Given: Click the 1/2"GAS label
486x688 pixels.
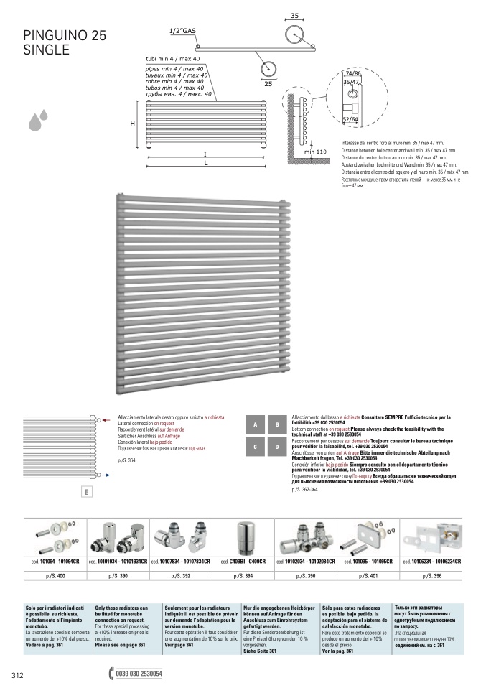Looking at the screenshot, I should click(x=182, y=31).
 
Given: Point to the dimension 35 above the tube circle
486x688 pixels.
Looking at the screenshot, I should click(x=294, y=15).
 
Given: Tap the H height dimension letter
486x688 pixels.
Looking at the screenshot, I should click(x=132, y=124).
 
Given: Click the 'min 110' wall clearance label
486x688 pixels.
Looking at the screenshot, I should click(x=315, y=152).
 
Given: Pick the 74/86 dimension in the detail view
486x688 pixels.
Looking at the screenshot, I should click(x=352, y=74).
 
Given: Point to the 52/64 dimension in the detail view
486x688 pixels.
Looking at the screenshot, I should click(x=351, y=119).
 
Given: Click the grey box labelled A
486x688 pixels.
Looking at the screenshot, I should click(x=256, y=425).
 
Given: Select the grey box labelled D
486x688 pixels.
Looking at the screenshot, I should click(x=277, y=447).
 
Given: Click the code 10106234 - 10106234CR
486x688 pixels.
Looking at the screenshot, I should click(x=431, y=561).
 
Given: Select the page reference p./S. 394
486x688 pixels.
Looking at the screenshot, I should click(x=246, y=576).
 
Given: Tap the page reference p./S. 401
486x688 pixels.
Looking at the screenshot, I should click(x=370, y=576).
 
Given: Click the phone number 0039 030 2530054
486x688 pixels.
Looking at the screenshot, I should click(x=139, y=674).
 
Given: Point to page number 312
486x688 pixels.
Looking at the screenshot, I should click(x=18, y=675).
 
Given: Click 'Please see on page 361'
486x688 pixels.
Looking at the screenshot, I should click(x=120, y=645).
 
